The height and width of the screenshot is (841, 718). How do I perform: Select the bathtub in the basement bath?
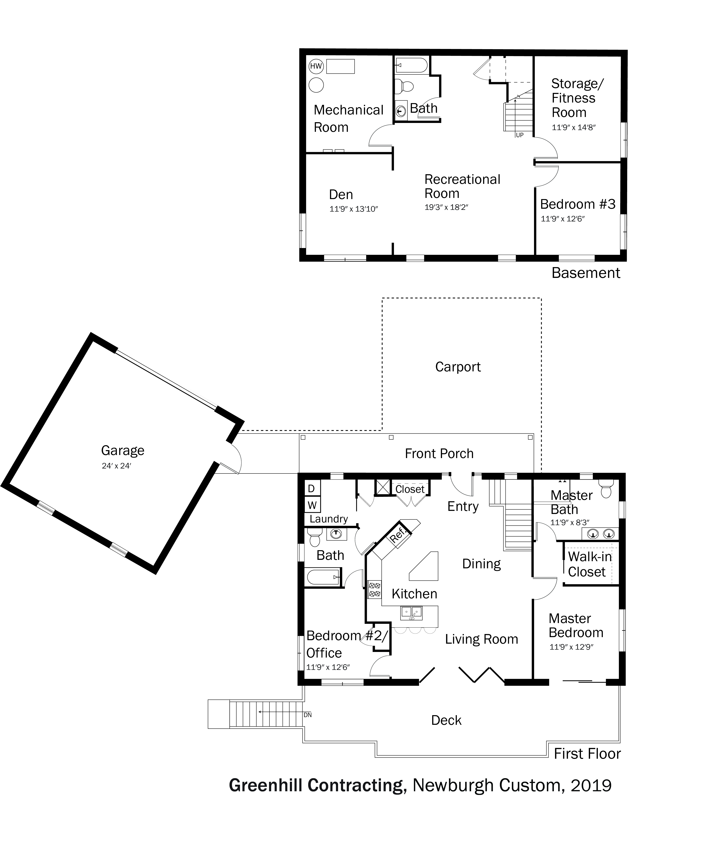pyautogui.click(x=411, y=65)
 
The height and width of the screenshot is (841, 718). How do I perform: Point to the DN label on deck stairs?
pyautogui.click(x=307, y=715)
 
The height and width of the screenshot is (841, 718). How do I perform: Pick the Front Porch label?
pyautogui.click(x=439, y=453)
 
